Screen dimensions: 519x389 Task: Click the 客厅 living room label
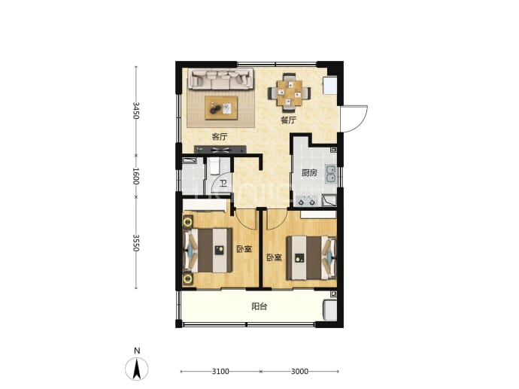click(220, 136)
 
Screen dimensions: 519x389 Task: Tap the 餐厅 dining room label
click(288, 120)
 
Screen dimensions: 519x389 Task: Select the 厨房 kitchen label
click(309, 173)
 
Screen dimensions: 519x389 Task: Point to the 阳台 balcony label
click(259, 306)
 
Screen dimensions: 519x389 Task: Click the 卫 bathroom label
click(223, 184)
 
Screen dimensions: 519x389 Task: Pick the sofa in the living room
click(221, 79)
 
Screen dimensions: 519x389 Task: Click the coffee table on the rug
click(221, 108)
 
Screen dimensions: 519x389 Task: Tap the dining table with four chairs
click(290, 93)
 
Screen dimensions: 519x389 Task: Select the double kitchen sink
click(331, 174)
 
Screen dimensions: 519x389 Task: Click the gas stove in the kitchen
click(307, 201)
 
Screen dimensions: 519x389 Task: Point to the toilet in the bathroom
click(214, 166)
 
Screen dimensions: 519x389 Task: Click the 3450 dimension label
click(135, 111)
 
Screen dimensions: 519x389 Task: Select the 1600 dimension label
click(135, 176)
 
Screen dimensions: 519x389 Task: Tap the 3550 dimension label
click(135, 243)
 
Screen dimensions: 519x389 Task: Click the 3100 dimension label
click(220, 372)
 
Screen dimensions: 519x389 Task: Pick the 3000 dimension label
click(299, 372)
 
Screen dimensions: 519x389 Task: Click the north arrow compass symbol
click(136, 369)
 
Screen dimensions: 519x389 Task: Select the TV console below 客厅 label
click(220, 150)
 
